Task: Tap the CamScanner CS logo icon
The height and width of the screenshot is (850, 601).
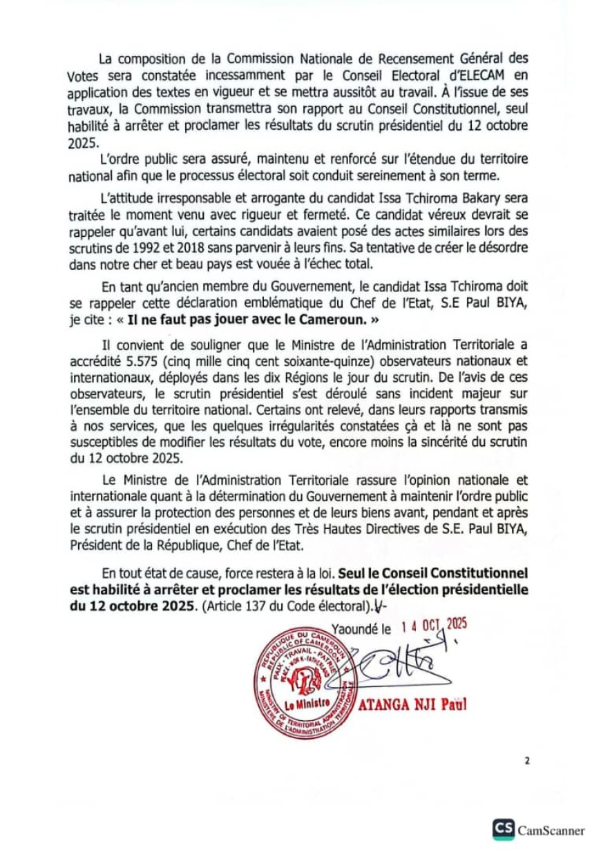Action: pos(504,829)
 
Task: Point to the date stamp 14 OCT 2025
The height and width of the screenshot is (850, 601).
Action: pos(433,626)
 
